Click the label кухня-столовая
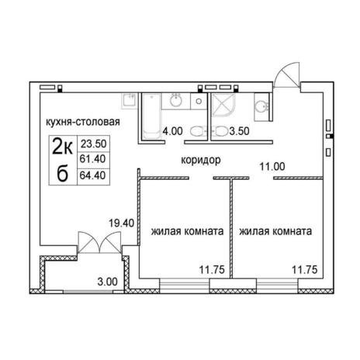point(83,122)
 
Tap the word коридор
point(201,161)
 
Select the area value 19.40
point(122,223)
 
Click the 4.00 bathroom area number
point(172,131)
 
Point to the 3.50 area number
point(239,131)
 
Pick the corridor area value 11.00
point(272,167)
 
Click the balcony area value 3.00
point(107,282)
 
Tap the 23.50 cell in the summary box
point(94,144)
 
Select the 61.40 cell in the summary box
point(93,159)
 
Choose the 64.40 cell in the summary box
point(93,175)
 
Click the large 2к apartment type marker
point(63,146)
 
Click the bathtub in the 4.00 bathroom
point(151,116)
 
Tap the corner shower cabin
point(223,106)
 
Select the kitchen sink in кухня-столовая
point(129,100)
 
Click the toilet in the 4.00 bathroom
point(199,131)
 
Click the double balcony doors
point(99,243)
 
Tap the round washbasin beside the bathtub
point(176,101)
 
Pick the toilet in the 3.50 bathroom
point(219,131)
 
